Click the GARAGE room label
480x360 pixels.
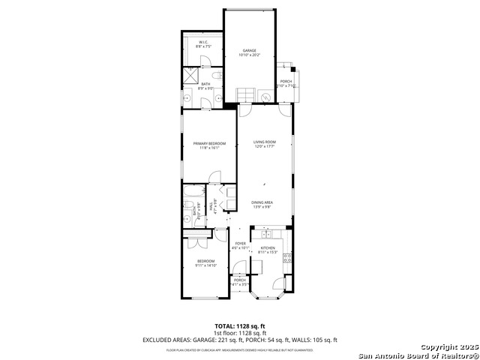[249, 50]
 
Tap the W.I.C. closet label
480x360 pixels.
[202, 43]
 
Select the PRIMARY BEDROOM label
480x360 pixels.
[208, 143]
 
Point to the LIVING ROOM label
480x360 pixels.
[264, 142]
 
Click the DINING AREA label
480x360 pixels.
[262, 202]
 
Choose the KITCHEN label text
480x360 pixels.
[268, 247]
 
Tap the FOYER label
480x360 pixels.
[241, 243]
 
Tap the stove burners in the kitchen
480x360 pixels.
[286, 259]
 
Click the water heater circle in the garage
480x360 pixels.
[265, 97]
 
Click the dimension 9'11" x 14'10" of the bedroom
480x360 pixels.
[206, 265]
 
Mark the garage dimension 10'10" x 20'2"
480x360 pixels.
[249, 55]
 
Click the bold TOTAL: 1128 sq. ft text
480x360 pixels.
[239, 326]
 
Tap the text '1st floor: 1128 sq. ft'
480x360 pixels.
[239, 333]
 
